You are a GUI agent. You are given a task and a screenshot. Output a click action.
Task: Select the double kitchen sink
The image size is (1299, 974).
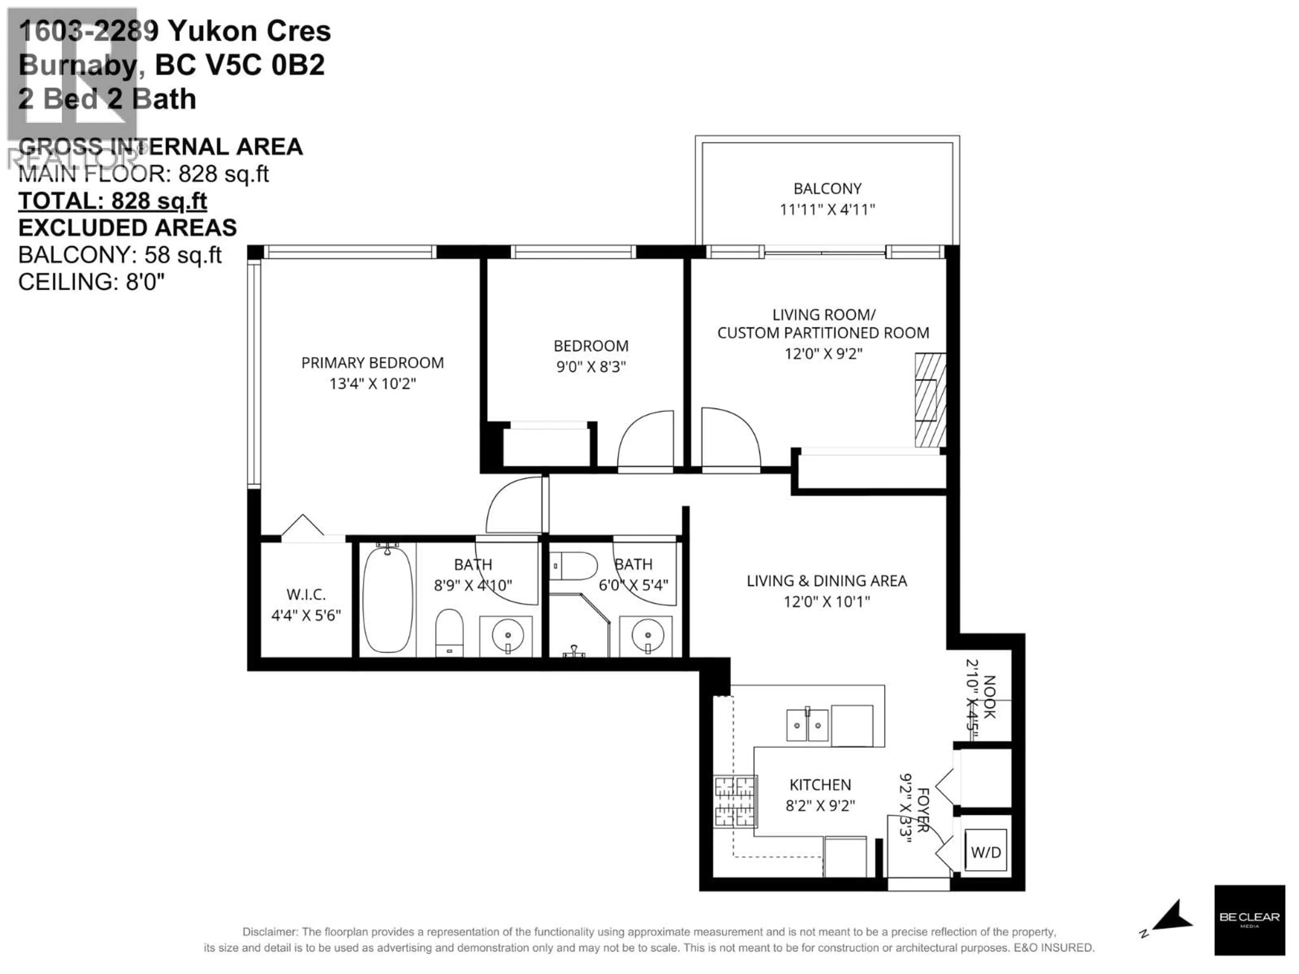(x=807, y=726)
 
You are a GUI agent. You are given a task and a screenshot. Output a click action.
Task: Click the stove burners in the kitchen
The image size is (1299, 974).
(x=735, y=802)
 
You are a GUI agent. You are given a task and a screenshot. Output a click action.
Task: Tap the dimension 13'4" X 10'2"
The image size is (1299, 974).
(x=372, y=384)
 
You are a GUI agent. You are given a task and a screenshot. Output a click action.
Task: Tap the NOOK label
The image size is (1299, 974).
(x=989, y=697)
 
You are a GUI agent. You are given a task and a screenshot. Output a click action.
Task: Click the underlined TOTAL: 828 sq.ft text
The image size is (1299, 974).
(x=112, y=201)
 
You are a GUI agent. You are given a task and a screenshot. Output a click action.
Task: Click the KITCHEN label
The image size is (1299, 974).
(x=820, y=784)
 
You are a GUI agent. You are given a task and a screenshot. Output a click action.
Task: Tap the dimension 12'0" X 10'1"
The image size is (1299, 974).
(x=826, y=601)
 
